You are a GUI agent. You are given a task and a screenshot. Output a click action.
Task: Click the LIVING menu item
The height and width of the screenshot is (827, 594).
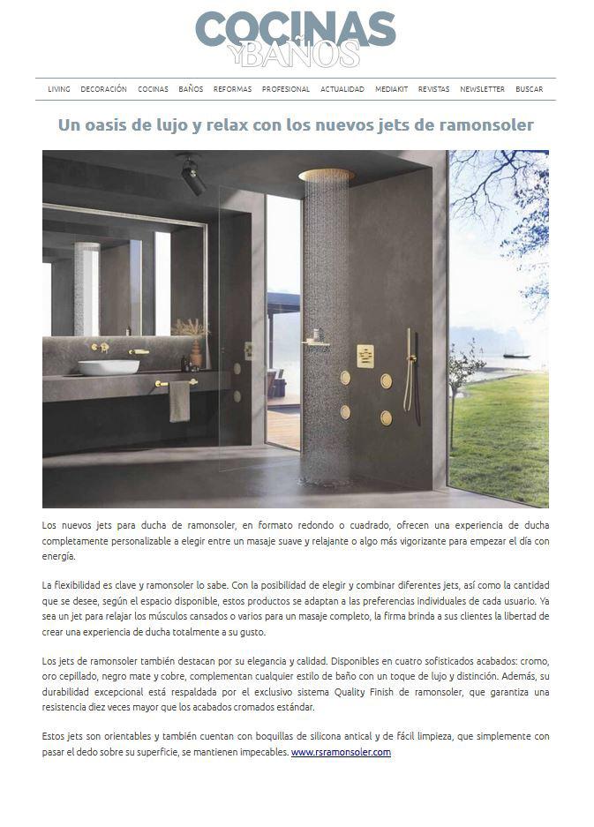point(59,89)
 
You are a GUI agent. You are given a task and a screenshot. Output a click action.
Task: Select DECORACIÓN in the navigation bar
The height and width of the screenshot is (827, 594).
point(103,89)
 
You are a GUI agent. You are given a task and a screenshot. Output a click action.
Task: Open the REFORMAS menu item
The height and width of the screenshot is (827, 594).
point(232,89)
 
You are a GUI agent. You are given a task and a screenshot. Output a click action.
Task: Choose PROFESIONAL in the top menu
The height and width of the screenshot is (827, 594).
point(286,89)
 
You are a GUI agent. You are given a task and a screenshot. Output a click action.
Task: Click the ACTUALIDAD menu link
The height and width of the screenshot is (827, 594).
point(342,89)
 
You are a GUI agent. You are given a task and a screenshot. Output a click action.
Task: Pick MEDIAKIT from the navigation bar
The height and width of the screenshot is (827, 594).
point(391,89)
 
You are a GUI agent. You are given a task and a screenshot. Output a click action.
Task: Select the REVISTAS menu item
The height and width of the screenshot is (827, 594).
point(433,89)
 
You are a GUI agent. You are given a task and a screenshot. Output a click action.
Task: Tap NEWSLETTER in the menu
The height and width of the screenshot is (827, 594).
point(482,89)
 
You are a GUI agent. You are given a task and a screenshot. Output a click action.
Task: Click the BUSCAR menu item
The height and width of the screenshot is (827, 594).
point(530,89)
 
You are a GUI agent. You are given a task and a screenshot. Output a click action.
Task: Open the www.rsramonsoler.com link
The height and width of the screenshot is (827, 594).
point(341,753)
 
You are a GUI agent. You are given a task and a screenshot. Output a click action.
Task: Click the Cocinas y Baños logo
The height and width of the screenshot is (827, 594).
point(296,39)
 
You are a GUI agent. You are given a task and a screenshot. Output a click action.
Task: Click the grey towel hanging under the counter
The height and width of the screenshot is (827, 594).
point(179,402)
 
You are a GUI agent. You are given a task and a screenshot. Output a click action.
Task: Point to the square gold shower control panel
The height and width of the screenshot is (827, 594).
point(365,355)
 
